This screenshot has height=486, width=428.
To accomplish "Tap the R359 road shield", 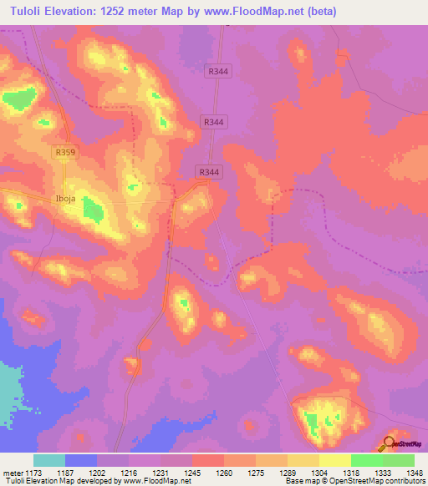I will pyautogui.click(x=64, y=153).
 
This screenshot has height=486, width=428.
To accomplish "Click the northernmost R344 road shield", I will pyautogui.click(x=219, y=72).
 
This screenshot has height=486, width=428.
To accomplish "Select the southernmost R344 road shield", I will pyautogui.click(x=209, y=172).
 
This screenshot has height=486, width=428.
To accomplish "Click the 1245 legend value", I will pyautogui.click(x=192, y=473).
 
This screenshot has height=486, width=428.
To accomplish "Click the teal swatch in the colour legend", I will pyautogui.click(x=49, y=460).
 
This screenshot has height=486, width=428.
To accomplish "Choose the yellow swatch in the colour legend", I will pyautogui.click(x=334, y=460).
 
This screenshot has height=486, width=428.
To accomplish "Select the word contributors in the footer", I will pyautogui.click(x=404, y=481).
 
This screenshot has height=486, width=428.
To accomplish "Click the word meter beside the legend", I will pyautogui.click(x=14, y=473).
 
